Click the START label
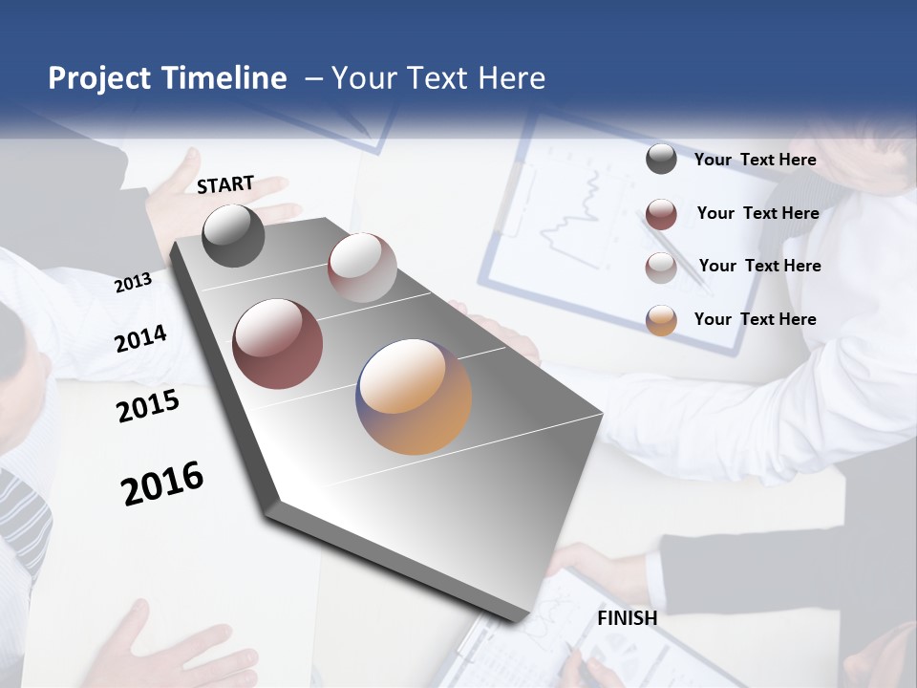(x=225, y=184)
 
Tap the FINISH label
(x=627, y=618)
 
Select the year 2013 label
(x=134, y=283)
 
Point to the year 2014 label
(x=141, y=338)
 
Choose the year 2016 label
(x=162, y=484)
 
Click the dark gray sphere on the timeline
(x=233, y=236)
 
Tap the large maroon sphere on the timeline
(x=277, y=344)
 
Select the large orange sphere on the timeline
(x=414, y=397)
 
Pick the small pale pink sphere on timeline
(x=362, y=267)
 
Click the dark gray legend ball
(x=661, y=160)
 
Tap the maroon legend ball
(x=661, y=214)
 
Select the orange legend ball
(x=661, y=320)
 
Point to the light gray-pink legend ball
(x=661, y=268)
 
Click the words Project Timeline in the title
(x=167, y=78)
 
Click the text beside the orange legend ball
(x=755, y=319)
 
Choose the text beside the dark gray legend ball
(x=755, y=160)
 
